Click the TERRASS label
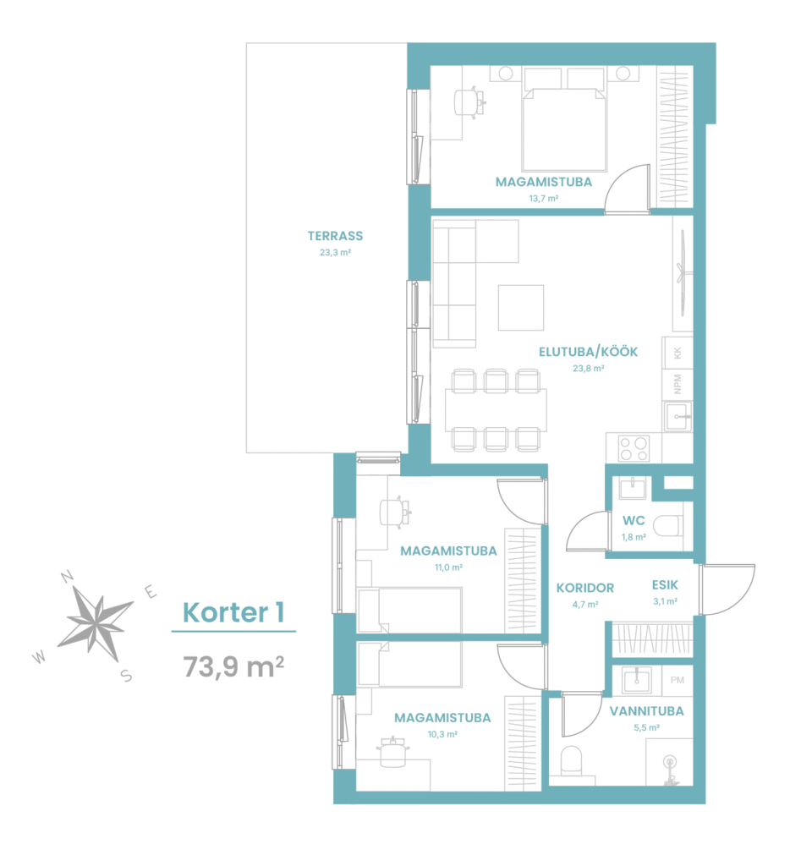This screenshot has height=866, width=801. coord(335,237)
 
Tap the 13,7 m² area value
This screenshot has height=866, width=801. coord(544,198)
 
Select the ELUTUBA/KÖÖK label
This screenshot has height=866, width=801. coord(589,352)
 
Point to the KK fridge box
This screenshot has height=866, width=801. coord(678,352)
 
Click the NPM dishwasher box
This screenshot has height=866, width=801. coord(678,384)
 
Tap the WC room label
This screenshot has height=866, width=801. coord(634,520)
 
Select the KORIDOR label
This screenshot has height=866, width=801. coord(585,589)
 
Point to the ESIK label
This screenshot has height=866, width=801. coord(665,585)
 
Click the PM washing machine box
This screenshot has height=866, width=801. coord(678,681)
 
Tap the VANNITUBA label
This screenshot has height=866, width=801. coord(647,711)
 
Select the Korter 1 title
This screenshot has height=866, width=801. coord(233,612)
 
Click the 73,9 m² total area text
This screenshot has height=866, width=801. coord(233,666)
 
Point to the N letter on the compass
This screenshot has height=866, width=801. coord(67,577)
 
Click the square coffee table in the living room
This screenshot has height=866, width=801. coord(521,308)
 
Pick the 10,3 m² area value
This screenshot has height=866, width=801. coord(442,735)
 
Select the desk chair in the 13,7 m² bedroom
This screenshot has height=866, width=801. coord(469,102)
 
